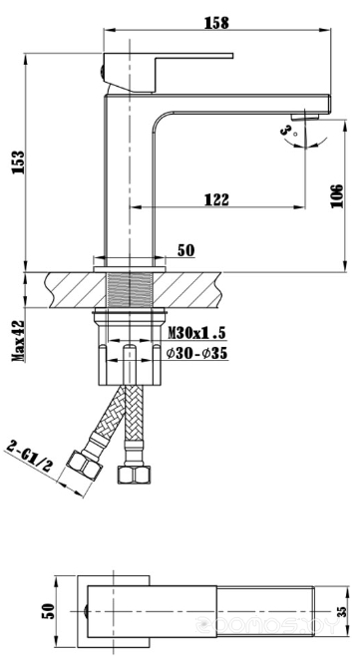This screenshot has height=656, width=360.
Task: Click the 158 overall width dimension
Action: pos(216,23)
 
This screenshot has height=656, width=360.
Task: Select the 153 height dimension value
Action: pos(19,163)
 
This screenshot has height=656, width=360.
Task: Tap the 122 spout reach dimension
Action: pos(216,199)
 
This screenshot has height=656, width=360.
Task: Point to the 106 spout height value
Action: pos(336,195)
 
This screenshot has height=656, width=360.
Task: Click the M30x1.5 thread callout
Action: pos(196,333)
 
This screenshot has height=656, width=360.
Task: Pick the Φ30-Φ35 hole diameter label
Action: pos(196,354)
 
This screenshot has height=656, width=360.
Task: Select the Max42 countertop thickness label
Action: pos(18,341)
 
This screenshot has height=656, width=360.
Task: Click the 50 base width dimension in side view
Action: pos(185,250)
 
